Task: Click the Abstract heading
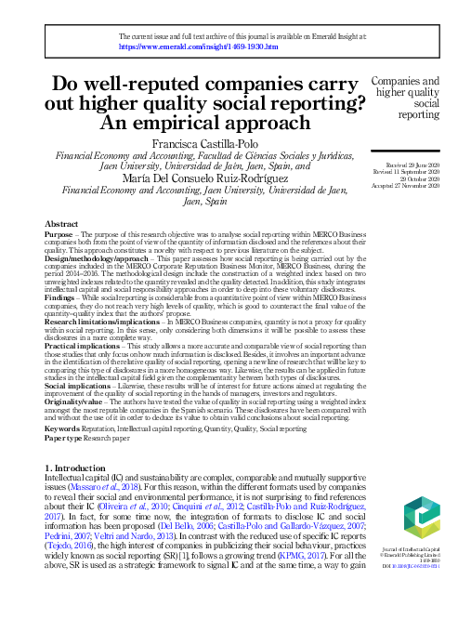click(61, 225)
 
